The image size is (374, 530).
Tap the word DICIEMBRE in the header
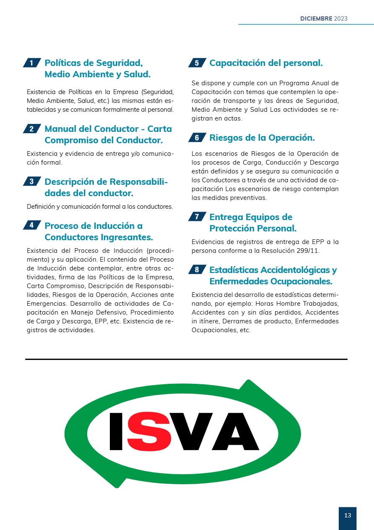316,19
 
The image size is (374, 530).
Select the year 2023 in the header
341,19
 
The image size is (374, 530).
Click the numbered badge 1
31,63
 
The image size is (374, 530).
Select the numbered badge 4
31,225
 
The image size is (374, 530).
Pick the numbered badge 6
197,137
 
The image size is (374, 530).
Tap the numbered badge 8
197,270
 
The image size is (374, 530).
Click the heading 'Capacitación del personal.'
266,63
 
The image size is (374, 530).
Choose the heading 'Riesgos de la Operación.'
262,137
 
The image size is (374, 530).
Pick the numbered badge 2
31,129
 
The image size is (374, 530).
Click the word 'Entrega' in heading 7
226,217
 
